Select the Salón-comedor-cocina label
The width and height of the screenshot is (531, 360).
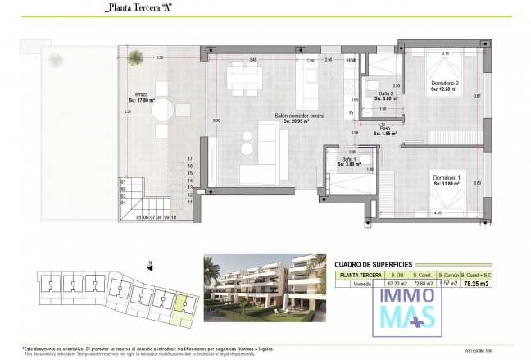298,118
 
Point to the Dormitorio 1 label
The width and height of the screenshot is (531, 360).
448,180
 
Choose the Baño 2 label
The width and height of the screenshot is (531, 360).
375,95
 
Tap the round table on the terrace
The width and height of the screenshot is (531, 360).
162,109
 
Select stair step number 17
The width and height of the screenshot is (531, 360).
189,158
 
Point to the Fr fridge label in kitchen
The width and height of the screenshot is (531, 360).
351,112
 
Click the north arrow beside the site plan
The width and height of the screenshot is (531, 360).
150,266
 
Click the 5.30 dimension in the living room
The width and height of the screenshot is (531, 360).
216,121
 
